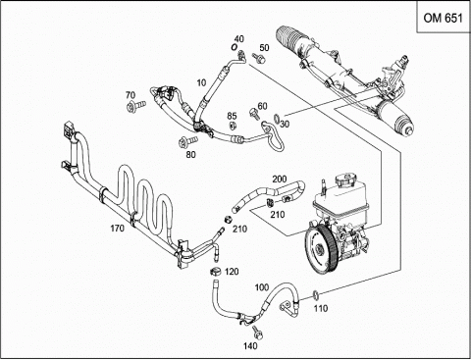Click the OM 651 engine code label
click(x=443, y=18)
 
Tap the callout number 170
click(x=117, y=228)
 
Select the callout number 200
click(x=280, y=180)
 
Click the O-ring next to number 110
click(x=316, y=294)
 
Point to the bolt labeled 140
click(x=258, y=332)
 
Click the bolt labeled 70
click(x=135, y=106)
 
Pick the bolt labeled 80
click(x=187, y=141)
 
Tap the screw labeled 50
click(x=259, y=58)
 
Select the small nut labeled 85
click(x=233, y=126)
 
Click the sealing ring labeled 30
click(x=277, y=119)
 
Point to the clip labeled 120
click(x=215, y=271)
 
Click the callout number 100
click(x=262, y=287)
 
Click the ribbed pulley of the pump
click(x=321, y=247)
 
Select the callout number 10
click(x=201, y=82)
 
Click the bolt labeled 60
click(x=253, y=113)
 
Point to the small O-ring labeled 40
click(x=234, y=47)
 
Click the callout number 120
click(x=232, y=272)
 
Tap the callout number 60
click(x=262, y=106)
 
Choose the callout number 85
click(x=232, y=116)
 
